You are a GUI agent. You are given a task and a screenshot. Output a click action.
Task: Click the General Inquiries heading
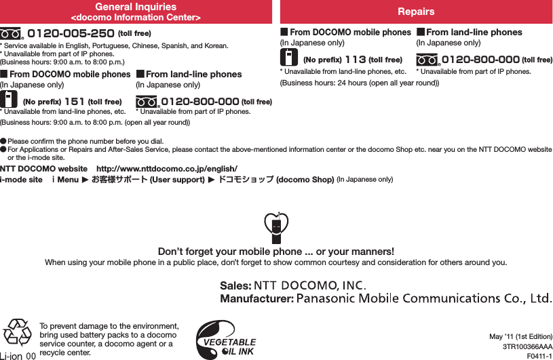136,7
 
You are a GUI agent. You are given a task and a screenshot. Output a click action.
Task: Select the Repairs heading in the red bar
416,12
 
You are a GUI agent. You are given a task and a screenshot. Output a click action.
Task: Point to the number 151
74,102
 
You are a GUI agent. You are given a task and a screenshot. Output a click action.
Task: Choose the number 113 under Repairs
355,59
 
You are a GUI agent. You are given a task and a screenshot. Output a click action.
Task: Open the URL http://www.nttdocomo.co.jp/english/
167,168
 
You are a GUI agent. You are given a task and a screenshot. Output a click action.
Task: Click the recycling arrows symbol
17,333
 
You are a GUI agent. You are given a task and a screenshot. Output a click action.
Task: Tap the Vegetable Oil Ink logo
226,338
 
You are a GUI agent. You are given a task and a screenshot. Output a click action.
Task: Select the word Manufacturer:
256,298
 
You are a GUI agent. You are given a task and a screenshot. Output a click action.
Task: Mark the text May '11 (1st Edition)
520,336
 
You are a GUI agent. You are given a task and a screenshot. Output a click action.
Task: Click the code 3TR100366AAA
527,346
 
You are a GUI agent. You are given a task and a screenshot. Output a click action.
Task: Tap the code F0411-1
539,355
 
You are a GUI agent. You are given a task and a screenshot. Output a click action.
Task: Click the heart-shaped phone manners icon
276,228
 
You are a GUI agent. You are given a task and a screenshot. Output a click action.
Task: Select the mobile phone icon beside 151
9,99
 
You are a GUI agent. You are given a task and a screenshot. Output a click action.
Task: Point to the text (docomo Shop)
305,180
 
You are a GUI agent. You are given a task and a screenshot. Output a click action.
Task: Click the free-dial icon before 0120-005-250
12,33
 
